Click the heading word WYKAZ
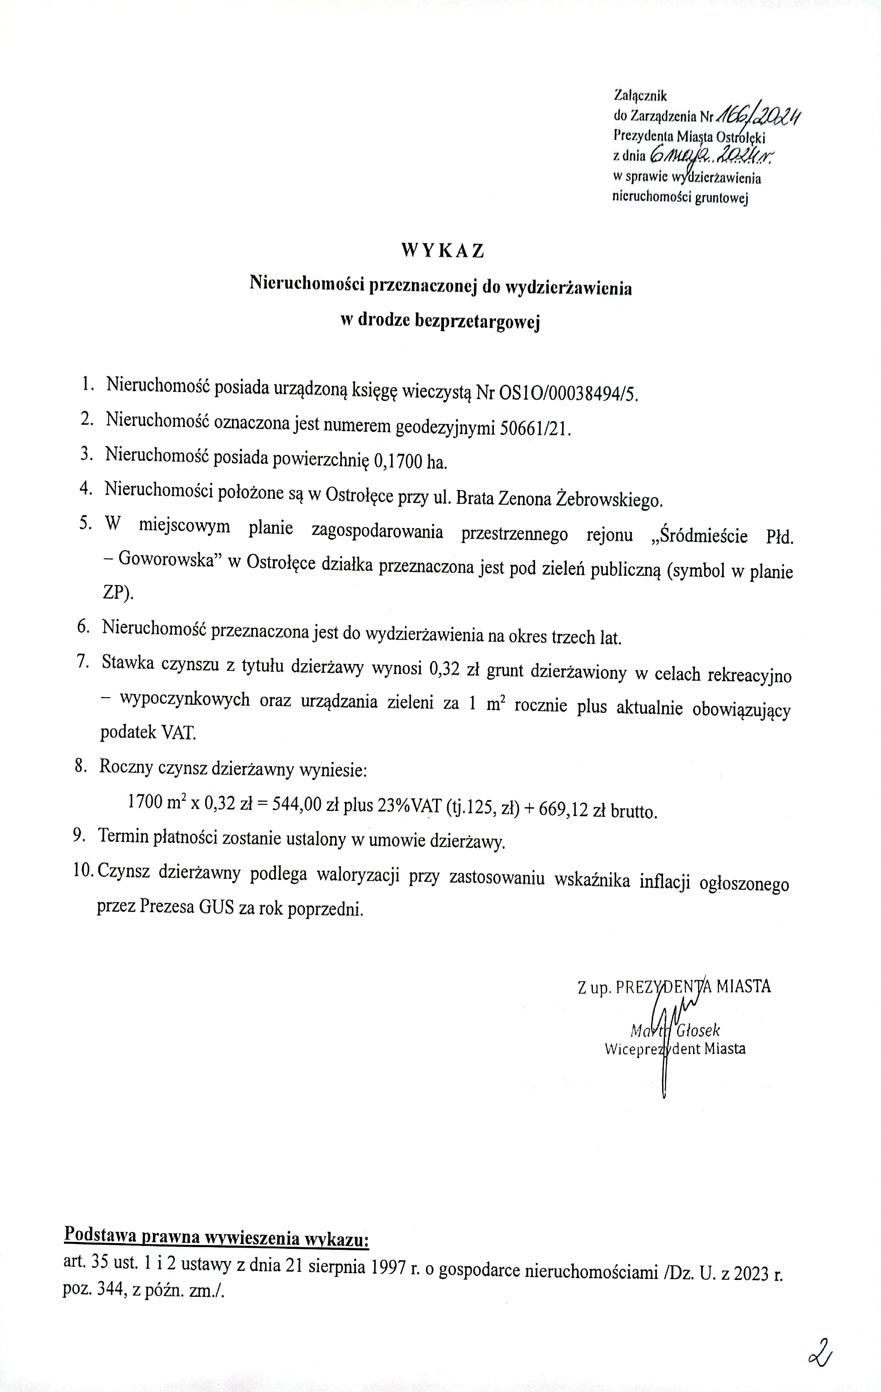point(442,250)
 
